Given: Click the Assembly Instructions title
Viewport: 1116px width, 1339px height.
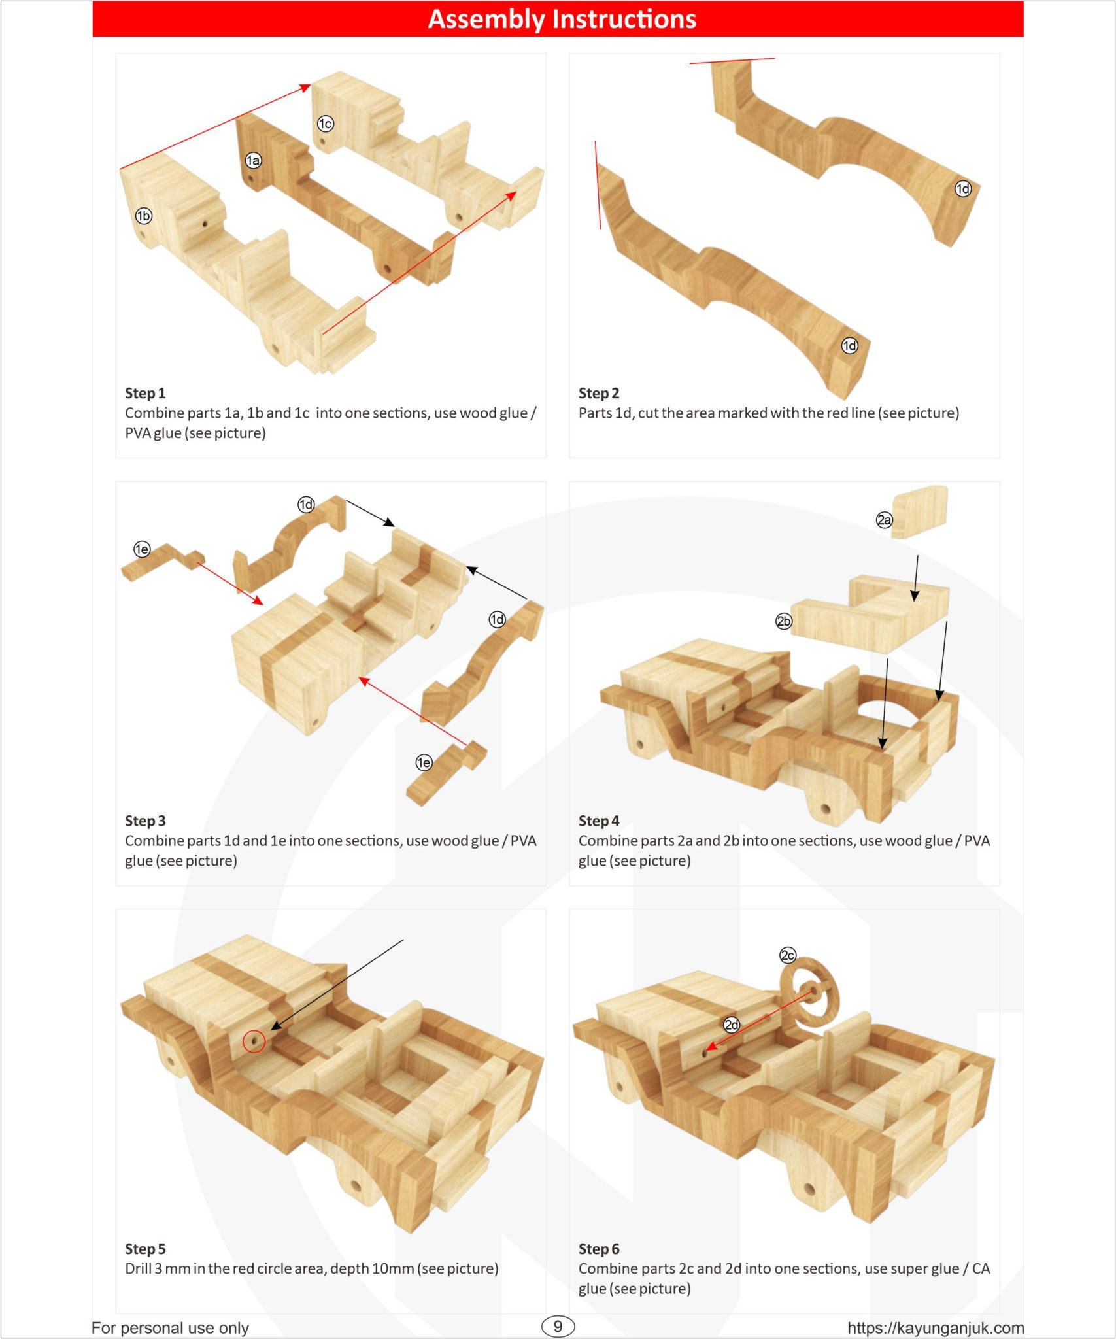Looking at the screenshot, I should tap(562, 19).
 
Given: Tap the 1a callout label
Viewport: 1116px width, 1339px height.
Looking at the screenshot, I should tap(253, 160).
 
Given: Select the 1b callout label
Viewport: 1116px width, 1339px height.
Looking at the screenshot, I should tap(143, 216).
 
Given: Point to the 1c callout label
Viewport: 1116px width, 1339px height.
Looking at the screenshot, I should tap(325, 124).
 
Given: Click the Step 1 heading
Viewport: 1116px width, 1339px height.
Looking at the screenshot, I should tap(145, 393).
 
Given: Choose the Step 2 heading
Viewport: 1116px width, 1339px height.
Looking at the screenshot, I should tap(598, 393).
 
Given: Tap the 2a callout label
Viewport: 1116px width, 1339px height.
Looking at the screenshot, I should tap(884, 520).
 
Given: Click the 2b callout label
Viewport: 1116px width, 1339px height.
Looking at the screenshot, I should tap(783, 621).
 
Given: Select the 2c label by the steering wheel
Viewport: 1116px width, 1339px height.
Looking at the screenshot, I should tap(788, 955).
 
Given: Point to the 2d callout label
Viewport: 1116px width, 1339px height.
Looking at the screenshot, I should tap(732, 1025).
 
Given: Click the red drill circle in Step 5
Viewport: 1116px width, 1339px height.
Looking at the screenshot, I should tap(254, 1041).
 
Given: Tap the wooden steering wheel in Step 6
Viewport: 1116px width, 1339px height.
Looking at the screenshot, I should tap(809, 993).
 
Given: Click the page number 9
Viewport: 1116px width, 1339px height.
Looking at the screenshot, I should tap(558, 1326).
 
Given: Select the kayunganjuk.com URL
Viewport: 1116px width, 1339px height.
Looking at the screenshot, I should tap(935, 1327).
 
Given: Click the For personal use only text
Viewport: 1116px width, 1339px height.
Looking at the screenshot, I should tap(170, 1327).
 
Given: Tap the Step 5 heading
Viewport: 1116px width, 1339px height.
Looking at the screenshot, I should tap(145, 1249).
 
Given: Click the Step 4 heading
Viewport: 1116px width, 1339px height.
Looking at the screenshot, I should tap(598, 821).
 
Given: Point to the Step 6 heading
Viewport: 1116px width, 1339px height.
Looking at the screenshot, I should tap(598, 1249).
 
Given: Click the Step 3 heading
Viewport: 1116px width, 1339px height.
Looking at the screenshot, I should tap(145, 821).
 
